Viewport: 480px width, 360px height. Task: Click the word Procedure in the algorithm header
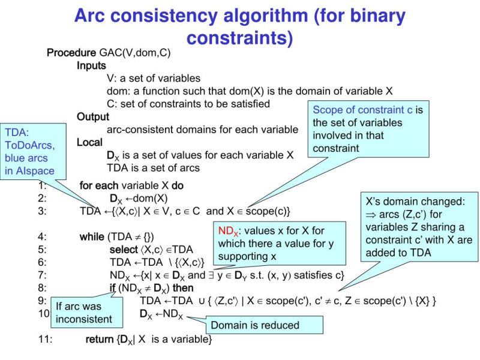click(x=71, y=53)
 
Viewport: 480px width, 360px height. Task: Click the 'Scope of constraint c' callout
click(x=368, y=128)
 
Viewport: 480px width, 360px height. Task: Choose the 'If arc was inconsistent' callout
click(x=84, y=313)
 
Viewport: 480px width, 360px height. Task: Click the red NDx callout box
click(x=280, y=244)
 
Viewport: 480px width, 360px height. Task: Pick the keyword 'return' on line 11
click(x=100, y=340)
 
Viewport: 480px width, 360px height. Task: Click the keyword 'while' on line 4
click(x=92, y=236)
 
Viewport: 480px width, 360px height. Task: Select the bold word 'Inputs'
click(x=91, y=65)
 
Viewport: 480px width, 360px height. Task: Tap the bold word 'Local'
click(x=89, y=142)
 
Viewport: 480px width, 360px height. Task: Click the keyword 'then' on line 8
click(x=182, y=287)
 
